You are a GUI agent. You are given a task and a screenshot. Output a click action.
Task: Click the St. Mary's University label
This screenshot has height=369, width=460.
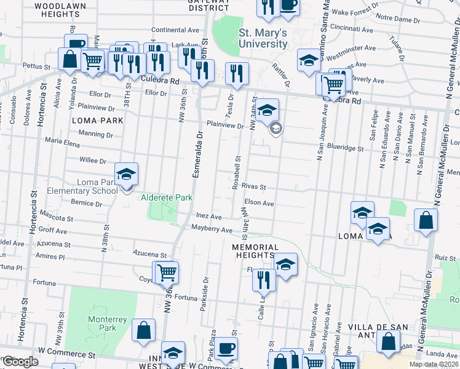[x=263, y=38]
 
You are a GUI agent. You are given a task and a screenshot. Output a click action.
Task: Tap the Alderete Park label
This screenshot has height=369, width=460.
[x=167, y=197]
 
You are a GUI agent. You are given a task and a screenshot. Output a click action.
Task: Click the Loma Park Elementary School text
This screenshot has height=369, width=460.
[x=97, y=186]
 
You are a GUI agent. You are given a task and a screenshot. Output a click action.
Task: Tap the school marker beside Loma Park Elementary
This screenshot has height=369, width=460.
[x=126, y=176]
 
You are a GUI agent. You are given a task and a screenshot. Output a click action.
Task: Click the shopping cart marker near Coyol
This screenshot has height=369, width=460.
[x=166, y=272]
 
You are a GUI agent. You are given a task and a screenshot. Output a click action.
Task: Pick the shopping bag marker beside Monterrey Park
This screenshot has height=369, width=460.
[x=143, y=330]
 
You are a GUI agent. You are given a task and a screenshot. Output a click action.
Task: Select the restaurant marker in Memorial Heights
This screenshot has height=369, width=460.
[x=264, y=280]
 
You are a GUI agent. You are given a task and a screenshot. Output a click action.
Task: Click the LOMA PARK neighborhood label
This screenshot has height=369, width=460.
[x=93, y=121]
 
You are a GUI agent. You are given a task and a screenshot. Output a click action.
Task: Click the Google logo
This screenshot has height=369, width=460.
[x=20, y=362]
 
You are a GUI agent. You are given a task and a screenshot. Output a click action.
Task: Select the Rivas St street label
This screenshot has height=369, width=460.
[x=253, y=187]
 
